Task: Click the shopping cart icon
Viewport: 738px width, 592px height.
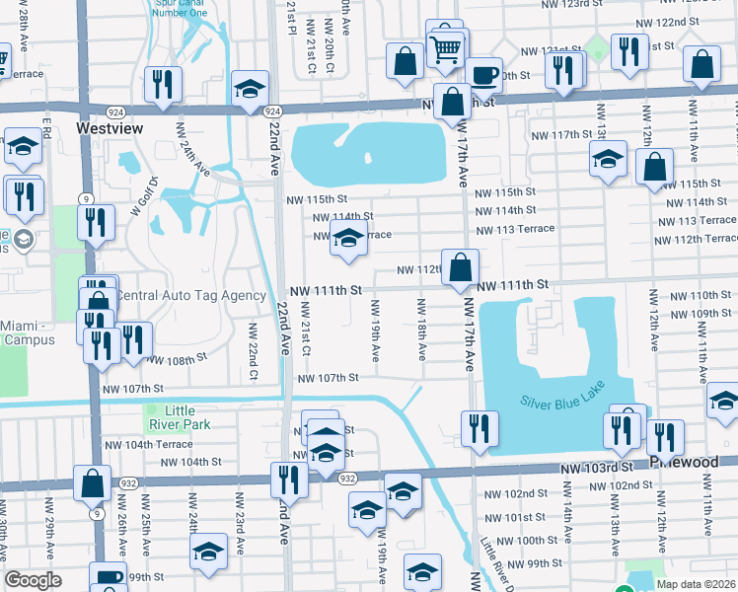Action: point(447,47)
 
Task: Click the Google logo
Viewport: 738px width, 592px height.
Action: point(34,580)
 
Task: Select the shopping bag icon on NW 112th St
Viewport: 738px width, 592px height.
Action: point(460,266)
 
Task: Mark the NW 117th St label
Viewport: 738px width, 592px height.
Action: point(558,135)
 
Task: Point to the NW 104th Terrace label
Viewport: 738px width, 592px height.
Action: point(146,445)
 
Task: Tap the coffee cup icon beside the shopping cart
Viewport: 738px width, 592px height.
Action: point(482,74)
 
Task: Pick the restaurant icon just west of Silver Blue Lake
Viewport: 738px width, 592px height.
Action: point(479,428)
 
